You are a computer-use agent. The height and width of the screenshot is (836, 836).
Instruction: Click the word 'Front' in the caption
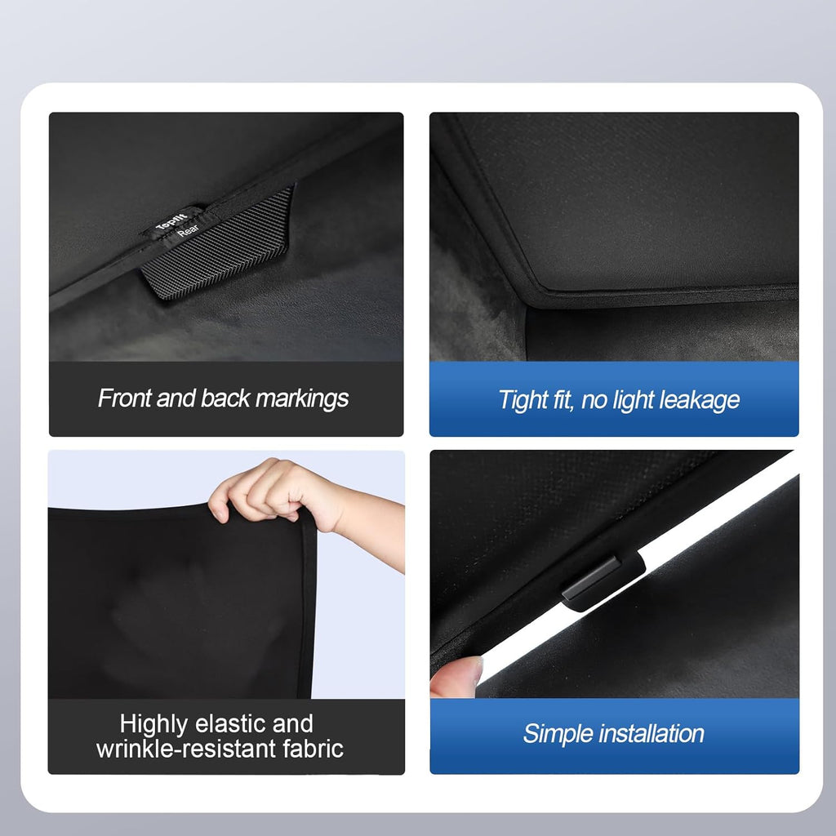[x=122, y=398]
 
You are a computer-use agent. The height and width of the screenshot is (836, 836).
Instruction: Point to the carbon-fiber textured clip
[x=220, y=245]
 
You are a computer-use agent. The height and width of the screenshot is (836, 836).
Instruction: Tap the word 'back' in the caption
[x=226, y=398]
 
